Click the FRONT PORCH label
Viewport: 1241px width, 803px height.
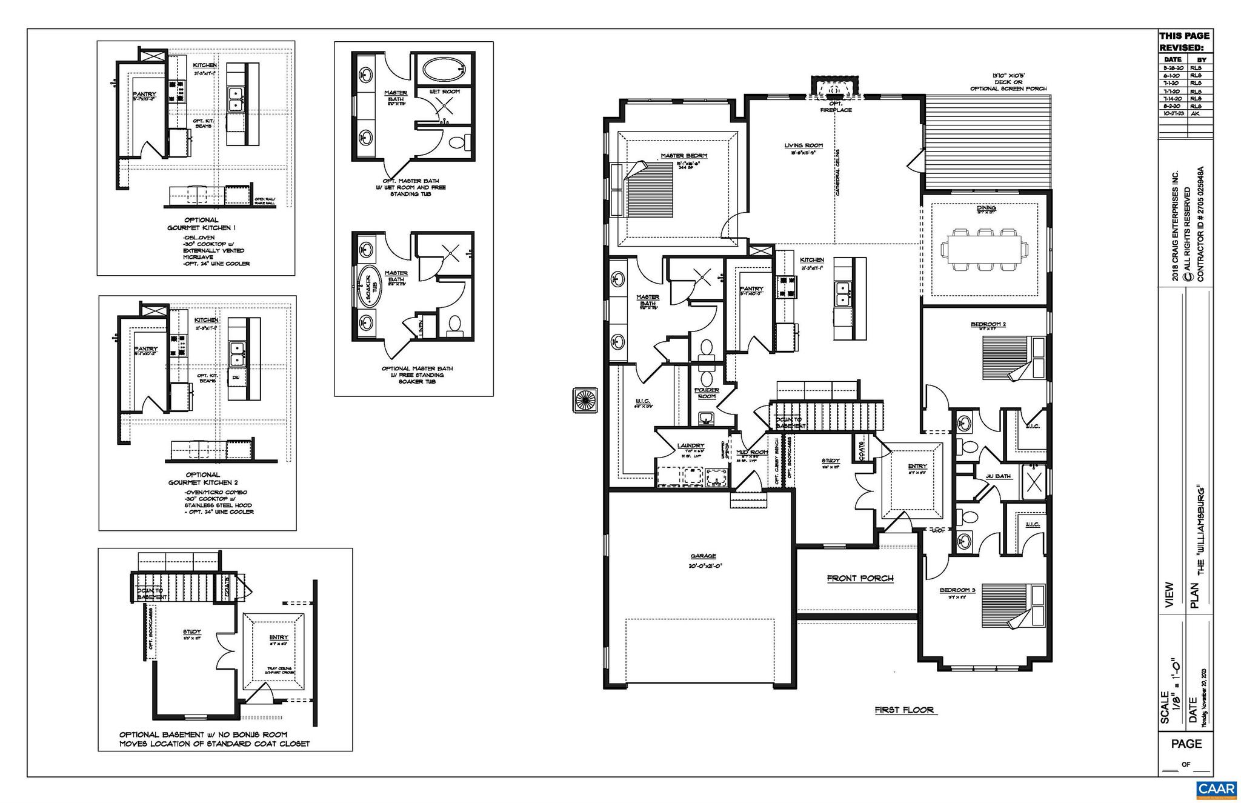(860, 578)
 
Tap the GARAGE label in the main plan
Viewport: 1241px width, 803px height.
(703, 556)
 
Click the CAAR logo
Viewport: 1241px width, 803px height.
(1216, 789)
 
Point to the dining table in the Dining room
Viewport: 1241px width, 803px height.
(985, 249)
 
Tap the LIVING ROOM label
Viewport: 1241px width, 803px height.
(803, 145)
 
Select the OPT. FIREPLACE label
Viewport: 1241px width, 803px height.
(836, 107)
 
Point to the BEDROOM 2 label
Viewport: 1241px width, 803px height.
(988, 324)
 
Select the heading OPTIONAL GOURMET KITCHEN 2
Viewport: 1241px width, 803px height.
(202, 478)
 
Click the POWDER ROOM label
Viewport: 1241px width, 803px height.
(707, 393)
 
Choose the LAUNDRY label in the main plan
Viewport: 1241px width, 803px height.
(690, 445)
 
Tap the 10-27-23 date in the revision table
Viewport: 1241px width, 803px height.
(1173, 113)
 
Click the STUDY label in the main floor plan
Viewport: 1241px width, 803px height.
(830, 461)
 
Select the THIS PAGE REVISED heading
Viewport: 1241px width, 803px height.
(1184, 41)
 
